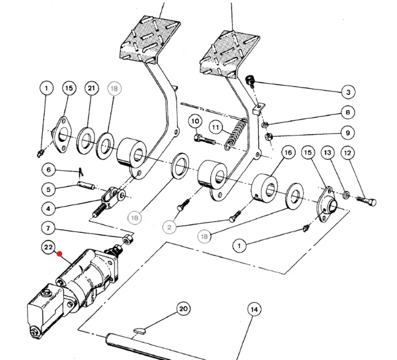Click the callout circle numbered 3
click(x=348, y=92)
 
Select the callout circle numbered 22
click(x=49, y=247)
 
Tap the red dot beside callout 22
click(x=59, y=254)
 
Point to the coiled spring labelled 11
click(x=235, y=134)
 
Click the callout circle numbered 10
click(x=195, y=121)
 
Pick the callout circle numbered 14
click(x=254, y=309)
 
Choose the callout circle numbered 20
click(x=183, y=309)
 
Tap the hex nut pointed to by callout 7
click(x=128, y=239)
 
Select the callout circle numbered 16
click(x=288, y=152)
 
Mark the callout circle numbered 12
click(x=348, y=153)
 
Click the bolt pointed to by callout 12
click(x=366, y=201)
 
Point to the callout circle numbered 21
click(x=91, y=88)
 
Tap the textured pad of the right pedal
click(x=229, y=54)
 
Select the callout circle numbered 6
click(x=49, y=169)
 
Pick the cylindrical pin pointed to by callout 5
click(x=86, y=185)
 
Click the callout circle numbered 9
click(x=348, y=132)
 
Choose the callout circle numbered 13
click(x=327, y=153)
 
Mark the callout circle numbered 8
click(x=348, y=112)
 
